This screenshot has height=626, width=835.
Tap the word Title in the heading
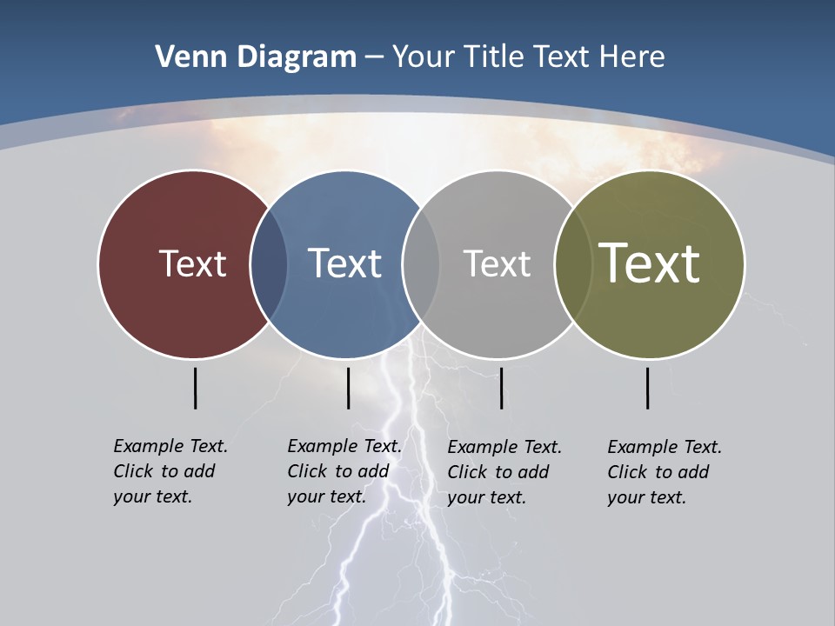496,57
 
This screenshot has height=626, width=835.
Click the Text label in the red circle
192,263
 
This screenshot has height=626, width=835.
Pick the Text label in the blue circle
344,263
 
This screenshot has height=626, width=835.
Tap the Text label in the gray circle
497,263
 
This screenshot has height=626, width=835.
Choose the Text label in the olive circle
650,263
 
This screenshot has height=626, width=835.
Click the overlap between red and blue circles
269,264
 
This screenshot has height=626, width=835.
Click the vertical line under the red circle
195,388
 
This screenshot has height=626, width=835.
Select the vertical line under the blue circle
348,388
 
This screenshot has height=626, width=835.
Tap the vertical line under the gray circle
501,388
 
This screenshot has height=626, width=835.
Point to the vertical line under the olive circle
647,388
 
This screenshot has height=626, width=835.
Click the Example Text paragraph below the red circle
170,471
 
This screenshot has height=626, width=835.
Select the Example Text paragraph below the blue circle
344,471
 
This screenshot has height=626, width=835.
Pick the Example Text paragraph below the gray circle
504,472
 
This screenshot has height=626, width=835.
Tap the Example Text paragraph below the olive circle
664,472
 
